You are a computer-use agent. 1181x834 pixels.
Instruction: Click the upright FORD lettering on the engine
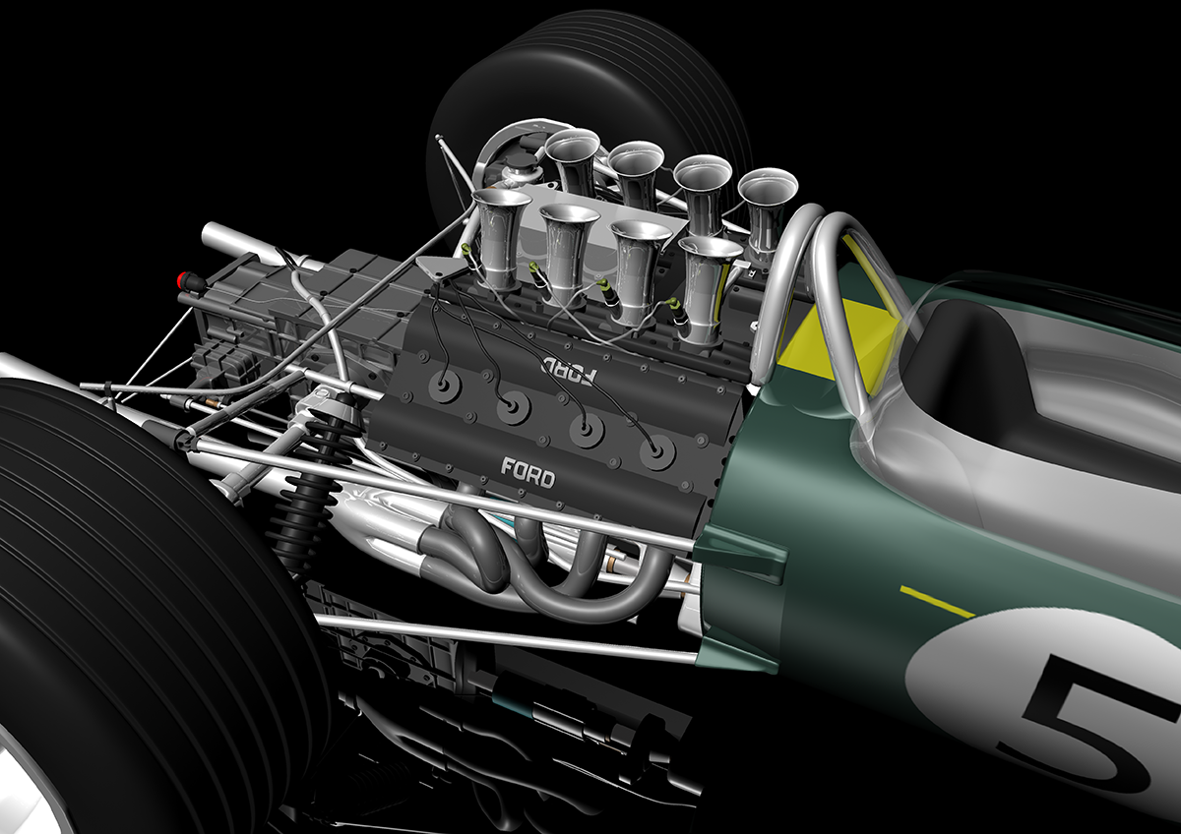(x=528, y=473)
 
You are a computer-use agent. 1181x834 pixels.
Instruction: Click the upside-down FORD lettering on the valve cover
(x=571, y=370)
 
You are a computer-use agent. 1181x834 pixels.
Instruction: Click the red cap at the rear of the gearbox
(x=184, y=278)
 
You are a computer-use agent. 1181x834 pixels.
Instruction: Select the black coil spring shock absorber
(x=312, y=485)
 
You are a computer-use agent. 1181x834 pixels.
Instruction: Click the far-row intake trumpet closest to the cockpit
(x=766, y=210)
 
